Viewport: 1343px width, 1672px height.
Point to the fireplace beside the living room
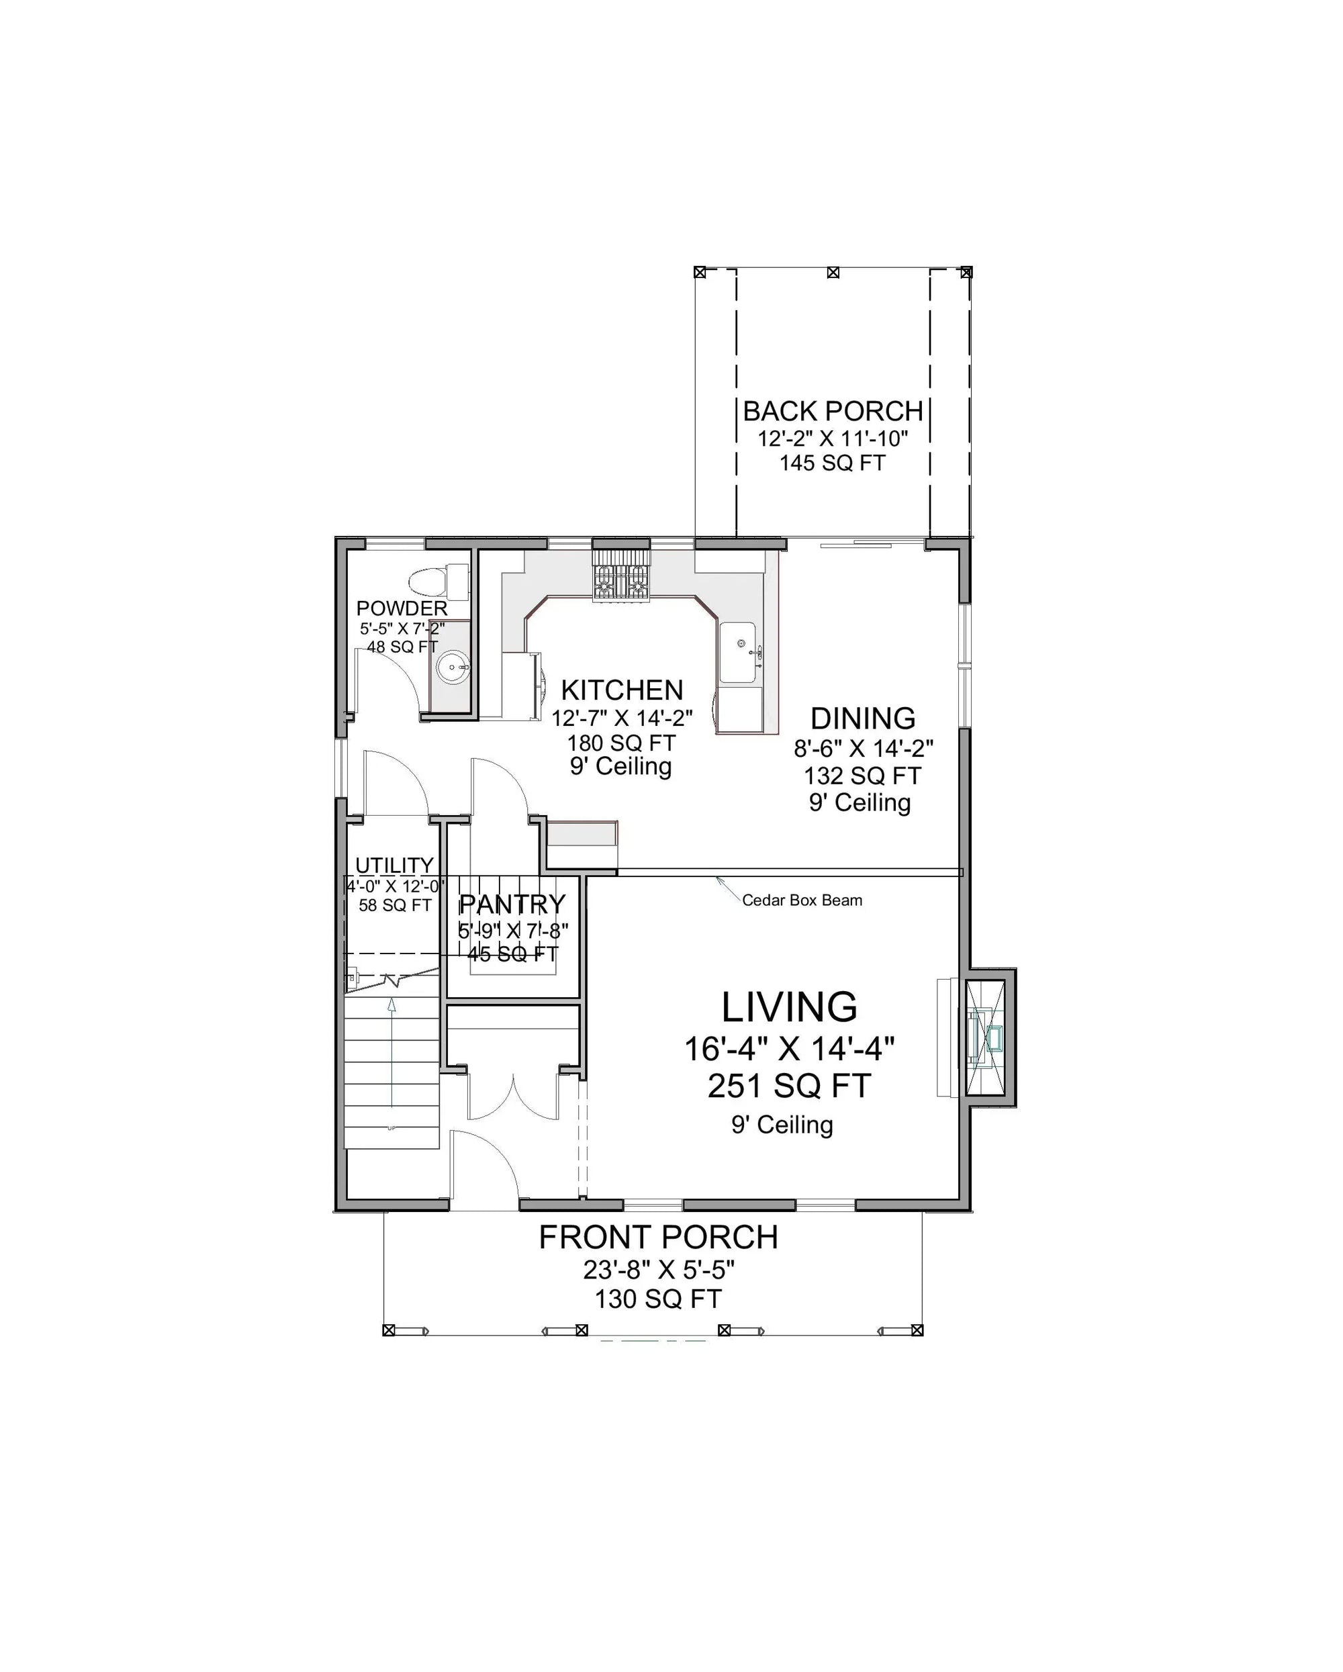pyautogui.click(x=988, y=1037)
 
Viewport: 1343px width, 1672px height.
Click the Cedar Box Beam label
pyautogui.click(x=802, y=900)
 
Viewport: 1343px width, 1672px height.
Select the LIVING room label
pyautogui.click(x=790, y=1007)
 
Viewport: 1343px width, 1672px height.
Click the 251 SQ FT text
pyautogui.click(x=790, y=1086)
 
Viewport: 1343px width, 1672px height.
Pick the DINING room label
pyautogui.click(x=863, y=718)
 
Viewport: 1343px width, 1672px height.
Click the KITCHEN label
pyautogui.click(x=622, y=690)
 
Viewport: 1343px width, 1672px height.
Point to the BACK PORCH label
pyautogui.click(x=833, y=411)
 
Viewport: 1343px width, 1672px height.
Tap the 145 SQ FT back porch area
pyautogui.click(x=832, y=463)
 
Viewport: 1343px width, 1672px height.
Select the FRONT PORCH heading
pyautogui.click(x=658, y=1238)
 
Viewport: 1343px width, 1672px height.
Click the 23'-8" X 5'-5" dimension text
pyautogui.click(x=658, y=1270)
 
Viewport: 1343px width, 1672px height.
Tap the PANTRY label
pyautogui.click(x=512, y=904)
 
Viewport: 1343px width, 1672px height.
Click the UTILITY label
pyautogui.click(x=394, y=865)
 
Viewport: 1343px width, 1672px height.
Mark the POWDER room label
pyautogui.click(x=402, y=608)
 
